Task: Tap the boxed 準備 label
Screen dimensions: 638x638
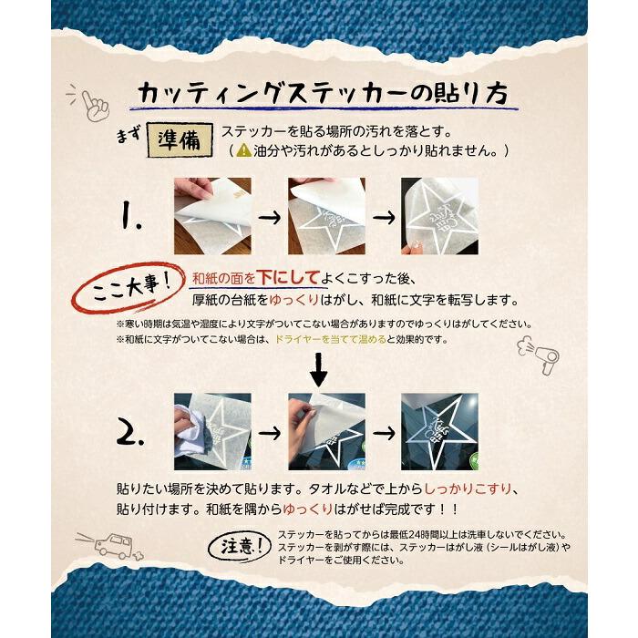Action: tap(180, 140)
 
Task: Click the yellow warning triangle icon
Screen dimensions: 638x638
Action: tap(244, 150)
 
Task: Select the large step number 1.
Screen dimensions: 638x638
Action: tap(131, 217)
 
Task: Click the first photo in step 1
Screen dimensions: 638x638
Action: tap(212, 216)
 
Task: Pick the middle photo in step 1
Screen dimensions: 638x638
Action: tap(326, 216)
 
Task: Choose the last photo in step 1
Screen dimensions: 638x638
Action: tap(439, 216)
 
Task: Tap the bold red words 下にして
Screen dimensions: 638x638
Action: tap(288, 277)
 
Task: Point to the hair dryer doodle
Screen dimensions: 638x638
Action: tap(539, 354)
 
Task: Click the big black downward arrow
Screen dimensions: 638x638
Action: tap(319, 369)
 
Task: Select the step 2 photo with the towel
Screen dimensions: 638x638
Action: tap(212, 432)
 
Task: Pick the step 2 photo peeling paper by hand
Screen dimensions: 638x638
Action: tap(326, 432)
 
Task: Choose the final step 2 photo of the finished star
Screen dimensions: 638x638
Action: tap(439, 432)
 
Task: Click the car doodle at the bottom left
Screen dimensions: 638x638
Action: tap(110, 546)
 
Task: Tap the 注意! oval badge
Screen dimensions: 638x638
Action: tap(240, 547)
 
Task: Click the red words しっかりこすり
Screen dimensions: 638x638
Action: tap(468, 489)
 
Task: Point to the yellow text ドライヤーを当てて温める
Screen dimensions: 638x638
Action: tap(331, 339)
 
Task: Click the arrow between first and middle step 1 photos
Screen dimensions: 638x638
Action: tap(270, 217)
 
